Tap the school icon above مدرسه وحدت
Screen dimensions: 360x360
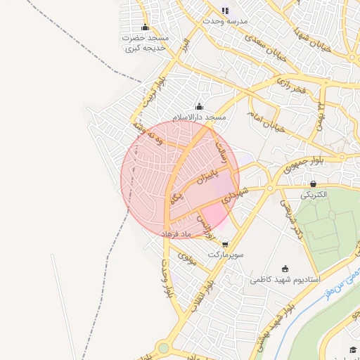click(225, 11)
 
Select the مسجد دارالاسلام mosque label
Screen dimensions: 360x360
click(200, 117)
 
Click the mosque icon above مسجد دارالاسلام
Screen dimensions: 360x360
click(199, 107)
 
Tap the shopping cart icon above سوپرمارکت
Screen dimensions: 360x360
click(225, 244)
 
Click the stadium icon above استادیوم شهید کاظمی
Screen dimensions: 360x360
click(284, 268)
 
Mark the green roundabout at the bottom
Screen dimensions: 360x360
click(164, 348)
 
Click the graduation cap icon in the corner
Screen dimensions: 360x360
click(352, 350)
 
